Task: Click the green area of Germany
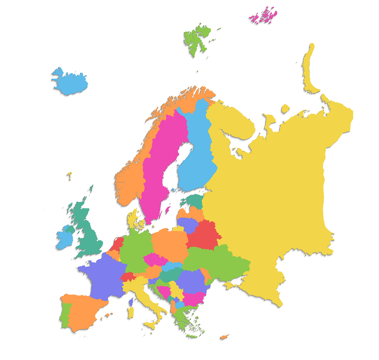(x=135, y=251)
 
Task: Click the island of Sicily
(x=150, y=325)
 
